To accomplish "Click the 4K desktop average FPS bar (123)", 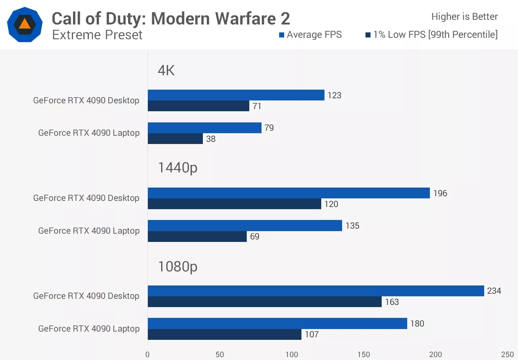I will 236,95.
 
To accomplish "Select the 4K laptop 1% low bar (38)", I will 175,139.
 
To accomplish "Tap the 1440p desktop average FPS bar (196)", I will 288,193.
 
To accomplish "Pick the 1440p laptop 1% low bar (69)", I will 197,237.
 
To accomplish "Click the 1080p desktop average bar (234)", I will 316,291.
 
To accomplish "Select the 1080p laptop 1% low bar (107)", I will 224,334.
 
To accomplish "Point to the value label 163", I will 392,302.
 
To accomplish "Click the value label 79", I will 269,128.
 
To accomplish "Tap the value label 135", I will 352,226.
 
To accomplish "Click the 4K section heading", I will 166,70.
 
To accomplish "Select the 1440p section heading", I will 178,168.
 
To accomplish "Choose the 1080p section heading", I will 178,267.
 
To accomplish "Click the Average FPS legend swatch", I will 282,35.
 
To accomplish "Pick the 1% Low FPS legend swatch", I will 368,35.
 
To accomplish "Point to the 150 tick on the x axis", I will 364,354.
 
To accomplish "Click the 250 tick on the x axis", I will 507,354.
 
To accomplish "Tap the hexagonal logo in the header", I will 25,24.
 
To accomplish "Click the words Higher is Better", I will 464,17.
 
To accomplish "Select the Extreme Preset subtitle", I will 97,35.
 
